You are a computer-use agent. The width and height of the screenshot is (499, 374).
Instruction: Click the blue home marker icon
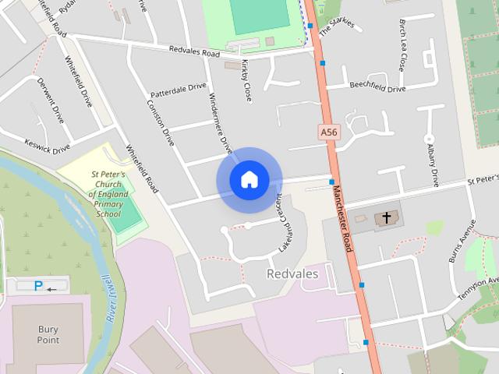click(249, 180)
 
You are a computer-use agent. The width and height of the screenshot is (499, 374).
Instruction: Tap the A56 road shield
click(329, 133)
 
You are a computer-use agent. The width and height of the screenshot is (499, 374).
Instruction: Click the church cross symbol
click(386, 217)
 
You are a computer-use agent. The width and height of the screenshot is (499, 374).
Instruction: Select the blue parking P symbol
click(38, 286)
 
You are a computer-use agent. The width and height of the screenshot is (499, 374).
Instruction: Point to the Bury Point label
click(48, 334)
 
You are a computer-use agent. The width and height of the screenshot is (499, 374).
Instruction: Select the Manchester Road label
click(342, 218)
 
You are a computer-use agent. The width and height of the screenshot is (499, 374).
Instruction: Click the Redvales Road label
click(195, 51)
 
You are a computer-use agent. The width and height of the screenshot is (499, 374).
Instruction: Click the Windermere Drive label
click(221, 123)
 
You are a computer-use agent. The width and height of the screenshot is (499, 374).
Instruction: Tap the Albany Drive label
click(430, 160)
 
